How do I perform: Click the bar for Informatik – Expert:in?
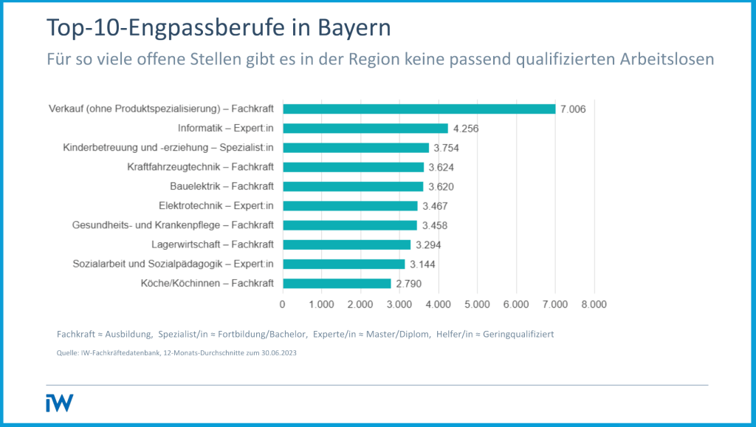click(x=365, y=128)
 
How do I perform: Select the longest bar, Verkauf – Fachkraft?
click(x=419, y=109)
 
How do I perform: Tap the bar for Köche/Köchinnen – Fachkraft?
click(x=337, y=283)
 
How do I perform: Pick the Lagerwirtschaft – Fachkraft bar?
click(x=346, y=245)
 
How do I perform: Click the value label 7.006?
click(x=573, y=109)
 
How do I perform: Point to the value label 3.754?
click(x=446, y=148)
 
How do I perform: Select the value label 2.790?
click(x=408, y=284)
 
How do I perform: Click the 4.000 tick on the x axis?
click(x=438, y=304)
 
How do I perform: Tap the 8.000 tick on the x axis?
click(x=594, y=304)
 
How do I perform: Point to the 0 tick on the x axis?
click(x=283, y=304)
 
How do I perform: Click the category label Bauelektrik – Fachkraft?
click(x=216, y=186)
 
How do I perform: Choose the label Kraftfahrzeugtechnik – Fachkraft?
click(x=201, y=167)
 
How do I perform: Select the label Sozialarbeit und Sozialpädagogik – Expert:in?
click(x=173, y=264)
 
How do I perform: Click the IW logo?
click(x=59, y=403)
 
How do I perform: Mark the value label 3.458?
click(x=435, y=225)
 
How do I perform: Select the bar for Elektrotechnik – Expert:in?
click(x=350, y=205)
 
